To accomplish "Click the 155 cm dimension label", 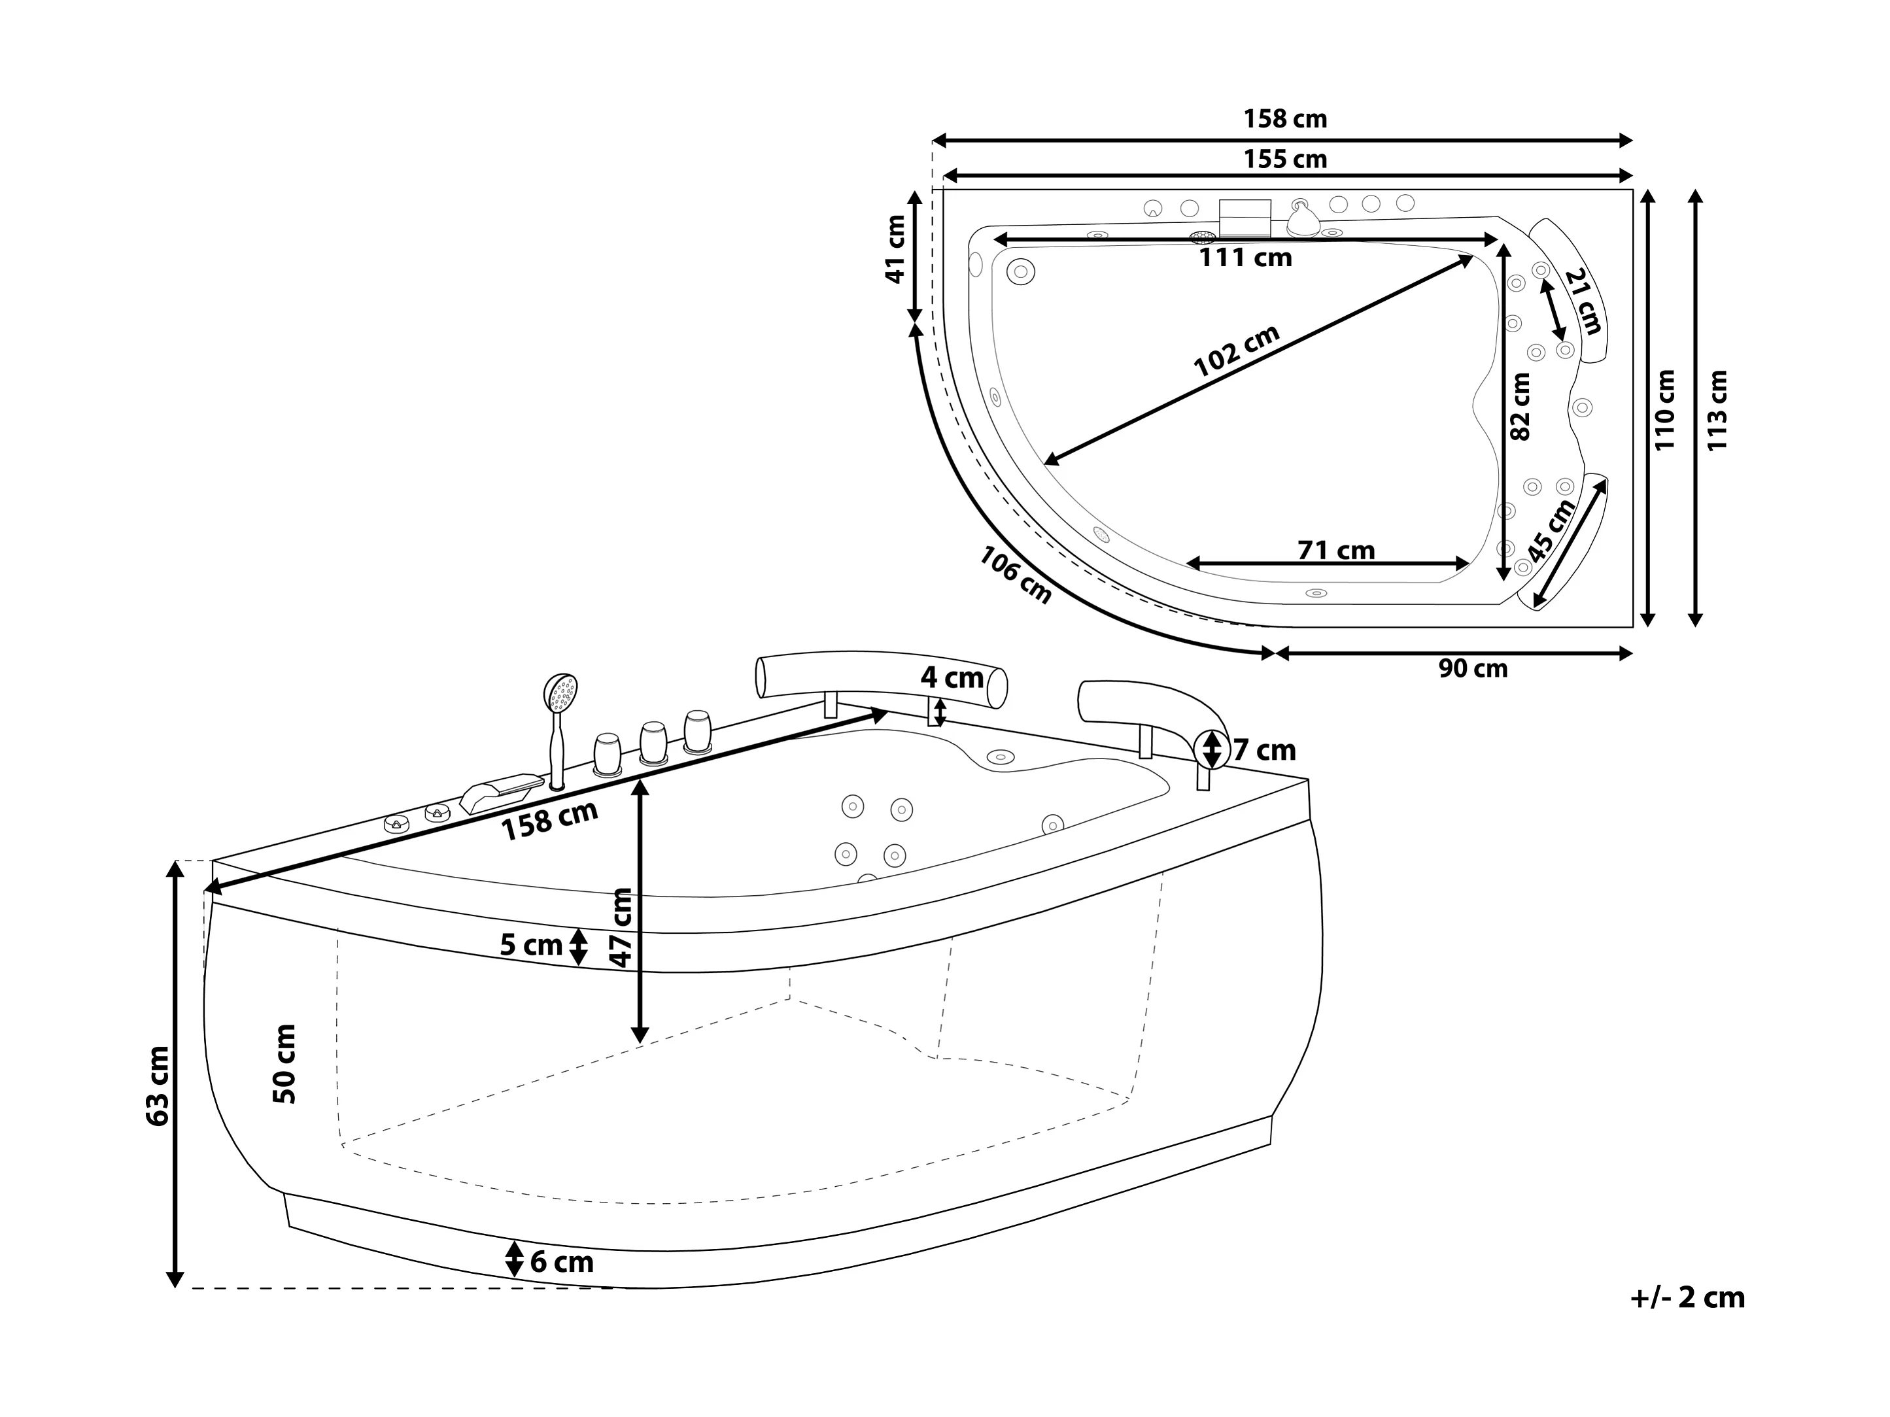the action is pyautogui.click(x=1284, y=159).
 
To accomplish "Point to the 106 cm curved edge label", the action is pyautogui.click(x=1015, y=575).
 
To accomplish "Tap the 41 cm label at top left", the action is pyautogui.click(x=895, y=248).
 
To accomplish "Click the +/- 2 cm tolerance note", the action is pyautogui.click(x=1687, y=1297).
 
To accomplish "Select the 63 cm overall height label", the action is pyautogui.click(x=158, y=1085).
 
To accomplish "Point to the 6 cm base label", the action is pyautogui.click(x=561, y=1261).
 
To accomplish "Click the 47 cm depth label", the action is pyautogui.click(x=621, y=927).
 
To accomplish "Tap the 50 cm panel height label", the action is pyautogui.click(x=284, y=1063).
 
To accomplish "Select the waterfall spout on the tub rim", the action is pyautogui.click(x=502, y=791).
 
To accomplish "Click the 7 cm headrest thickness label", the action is pyautogui.click(x=1263, y=750).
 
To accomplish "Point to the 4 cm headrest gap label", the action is pyautogui.click(x=952, y=677).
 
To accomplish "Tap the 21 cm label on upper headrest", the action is pyautogui.click(x=1583, y=301).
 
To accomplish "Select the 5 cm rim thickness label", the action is pyautogui.click(x=532, y=945).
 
